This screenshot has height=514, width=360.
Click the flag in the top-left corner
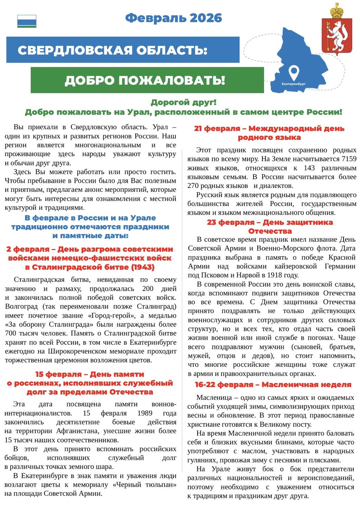click(x=27, y=21)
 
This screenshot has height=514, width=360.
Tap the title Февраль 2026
click(x=174, y=18)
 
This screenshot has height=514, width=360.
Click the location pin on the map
click(x=294, y=73)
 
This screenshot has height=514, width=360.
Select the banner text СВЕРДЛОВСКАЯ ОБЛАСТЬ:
click(x=112, y=50)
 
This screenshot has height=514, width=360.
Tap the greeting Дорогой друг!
click(x=184, y=103)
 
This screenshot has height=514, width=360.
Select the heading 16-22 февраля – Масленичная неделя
click(x=273, y=385)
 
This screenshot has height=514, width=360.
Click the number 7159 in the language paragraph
click(x=349, y=159)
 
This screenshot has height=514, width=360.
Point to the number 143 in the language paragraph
click(x=309, y=168)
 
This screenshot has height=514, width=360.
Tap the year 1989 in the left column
click(x=145, y=413)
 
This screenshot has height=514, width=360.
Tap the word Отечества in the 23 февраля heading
click(x=270, y=231)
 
